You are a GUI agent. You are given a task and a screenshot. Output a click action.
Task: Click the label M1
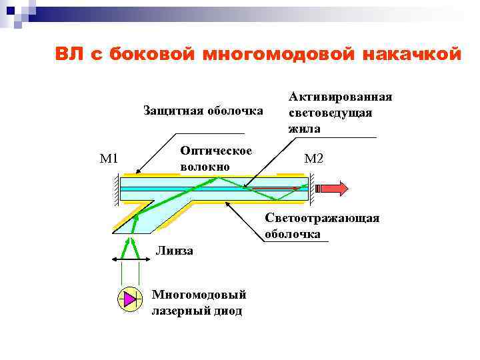pyautogui.click(x=109, y=159)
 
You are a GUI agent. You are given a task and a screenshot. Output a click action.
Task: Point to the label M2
pyautogui.click(x=313, y=159)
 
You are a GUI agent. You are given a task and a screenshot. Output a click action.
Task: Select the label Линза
pyautogui.click(x=174, y=251)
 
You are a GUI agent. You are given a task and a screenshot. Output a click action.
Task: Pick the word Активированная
pyautogui.click(x=340, y=97)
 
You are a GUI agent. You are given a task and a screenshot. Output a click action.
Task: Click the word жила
pyautogui.click(x=304, y=128)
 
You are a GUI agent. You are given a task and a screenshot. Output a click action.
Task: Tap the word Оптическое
pyautogui.click(x=216, y=151)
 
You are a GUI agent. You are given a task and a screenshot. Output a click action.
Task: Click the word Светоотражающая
pyautogui.click(x=322, y=219)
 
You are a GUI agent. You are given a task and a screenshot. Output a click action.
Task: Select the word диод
pyautogui.click(x=227, y=310)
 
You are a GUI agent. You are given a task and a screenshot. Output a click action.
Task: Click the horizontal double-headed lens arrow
pyautogui.click(x=129, y=259)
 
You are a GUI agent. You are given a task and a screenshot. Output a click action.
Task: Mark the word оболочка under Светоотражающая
pyautogui.click(x=292, y=234)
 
